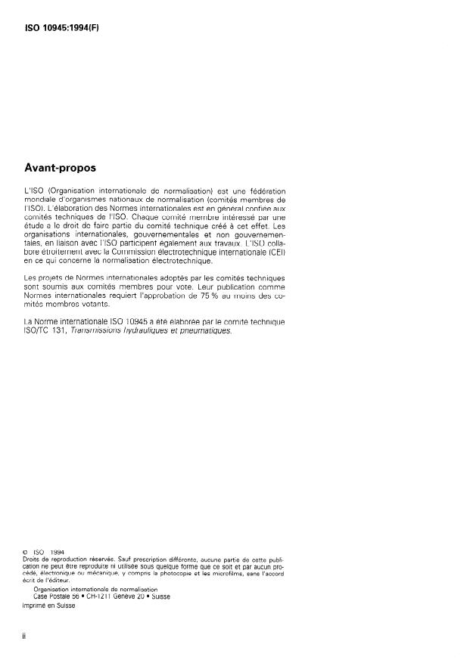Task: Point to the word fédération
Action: pos(266,191)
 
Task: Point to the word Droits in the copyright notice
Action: pos(34,560)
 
